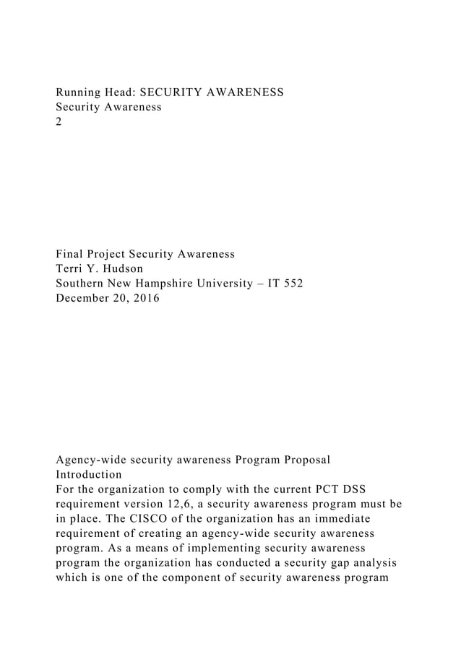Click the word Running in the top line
click(79, 92)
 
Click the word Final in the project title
click(71, 254)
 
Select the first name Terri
click(72, 269)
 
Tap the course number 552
click(292, 284)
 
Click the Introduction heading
click(89, 475)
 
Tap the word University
click(230, 284)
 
